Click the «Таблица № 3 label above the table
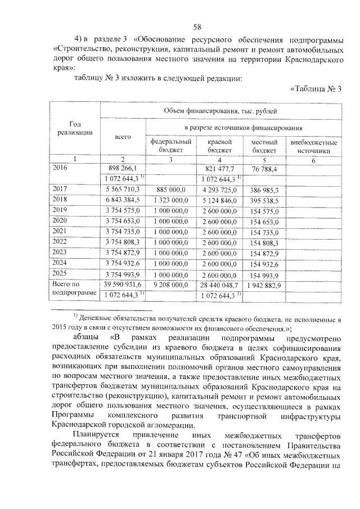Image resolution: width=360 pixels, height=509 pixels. click(316, 88)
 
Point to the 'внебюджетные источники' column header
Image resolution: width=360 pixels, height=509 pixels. click(314, 146)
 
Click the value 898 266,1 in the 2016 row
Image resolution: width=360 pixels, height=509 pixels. click(123, 168)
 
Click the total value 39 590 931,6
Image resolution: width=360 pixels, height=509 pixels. click(123, 285)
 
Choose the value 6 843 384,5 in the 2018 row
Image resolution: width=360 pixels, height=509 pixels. click(123, 200)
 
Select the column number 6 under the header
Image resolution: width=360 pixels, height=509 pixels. click(314, 160)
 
